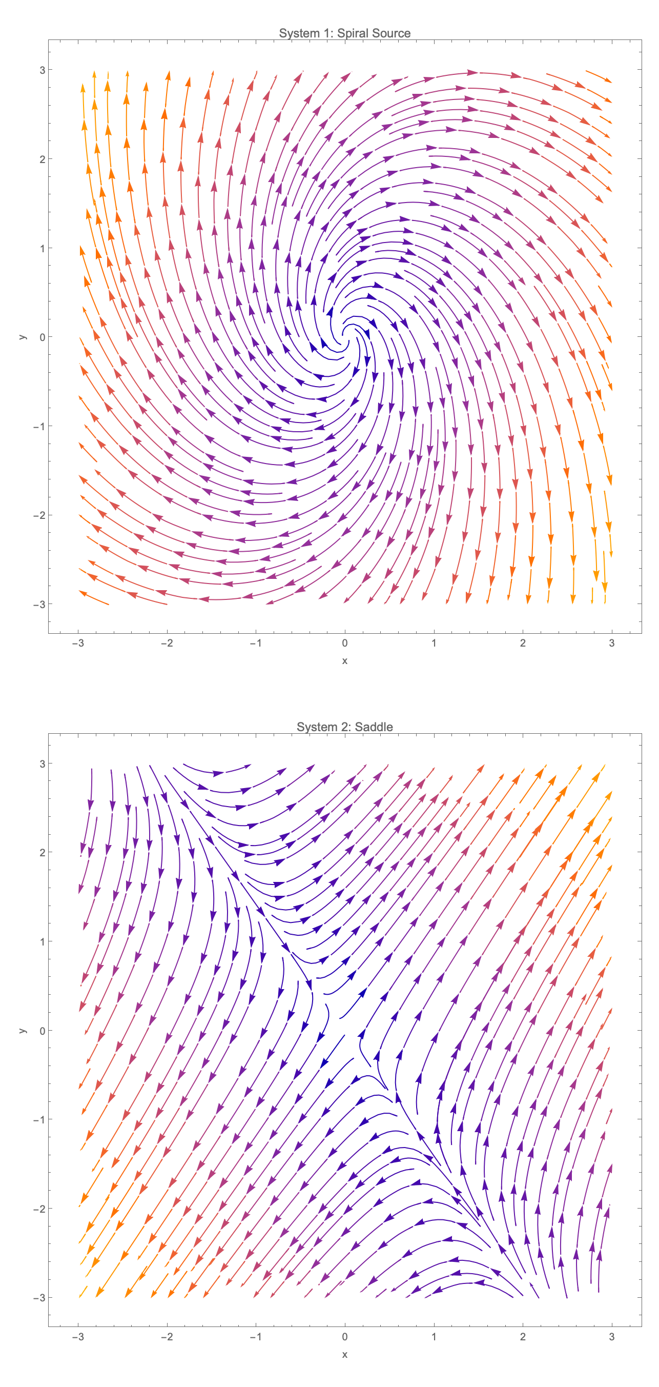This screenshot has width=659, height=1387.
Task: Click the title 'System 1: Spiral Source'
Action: click(344, 33)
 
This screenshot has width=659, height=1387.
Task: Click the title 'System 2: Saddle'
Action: click(344, 727)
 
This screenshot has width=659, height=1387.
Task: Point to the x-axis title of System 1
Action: click(344, 660)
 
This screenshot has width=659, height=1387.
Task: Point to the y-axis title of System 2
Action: click(22, 1031)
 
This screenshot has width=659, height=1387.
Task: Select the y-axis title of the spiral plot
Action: click(22, 337)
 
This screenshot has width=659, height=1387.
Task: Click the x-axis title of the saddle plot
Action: click(344, 1355)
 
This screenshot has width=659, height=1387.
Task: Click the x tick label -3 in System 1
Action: click(78, 643)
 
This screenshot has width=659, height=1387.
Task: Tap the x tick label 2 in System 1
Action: click(522, 643)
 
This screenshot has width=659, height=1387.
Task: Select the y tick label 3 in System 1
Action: click(42, 70)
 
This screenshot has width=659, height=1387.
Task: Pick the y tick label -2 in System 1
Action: click(39, 515)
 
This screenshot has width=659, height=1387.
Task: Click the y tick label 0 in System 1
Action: click(42, 337)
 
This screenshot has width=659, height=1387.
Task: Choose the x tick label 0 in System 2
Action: click(344, 1336)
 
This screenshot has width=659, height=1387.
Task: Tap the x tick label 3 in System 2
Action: click(611, 1336)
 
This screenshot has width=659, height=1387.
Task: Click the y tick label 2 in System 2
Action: click(42, 852)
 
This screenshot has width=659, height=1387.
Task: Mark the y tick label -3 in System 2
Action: click(39, 1298)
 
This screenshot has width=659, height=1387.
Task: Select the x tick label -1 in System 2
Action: click(256, 1336)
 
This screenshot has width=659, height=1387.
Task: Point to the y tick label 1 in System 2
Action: click(42, 941)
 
